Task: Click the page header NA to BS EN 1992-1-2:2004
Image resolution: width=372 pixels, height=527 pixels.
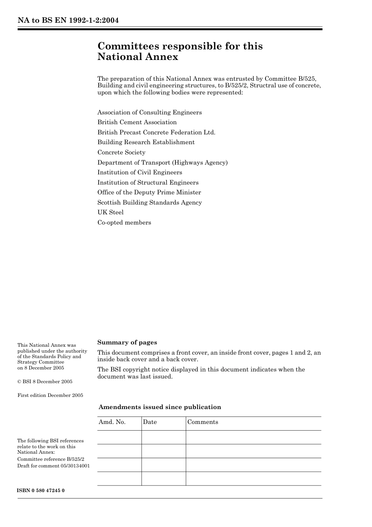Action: coord(68,20)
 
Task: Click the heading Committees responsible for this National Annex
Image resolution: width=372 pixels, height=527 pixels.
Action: coord(180,51)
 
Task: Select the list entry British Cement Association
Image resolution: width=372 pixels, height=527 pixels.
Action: coord(137,122)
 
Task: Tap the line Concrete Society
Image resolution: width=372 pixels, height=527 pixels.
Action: coord(121,152)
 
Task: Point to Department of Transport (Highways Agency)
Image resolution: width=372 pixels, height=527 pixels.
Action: coord(162,162)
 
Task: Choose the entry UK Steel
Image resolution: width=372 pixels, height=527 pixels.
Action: coord(110,212)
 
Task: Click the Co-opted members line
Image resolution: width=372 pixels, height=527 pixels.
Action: coord(124,223)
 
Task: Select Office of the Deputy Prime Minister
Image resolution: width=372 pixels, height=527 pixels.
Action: coord(149,192)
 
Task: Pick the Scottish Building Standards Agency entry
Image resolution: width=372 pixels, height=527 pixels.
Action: coord(150,203)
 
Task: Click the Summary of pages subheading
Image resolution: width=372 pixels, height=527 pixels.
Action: coord(127,342)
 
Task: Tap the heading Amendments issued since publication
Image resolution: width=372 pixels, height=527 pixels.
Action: coord(160,407)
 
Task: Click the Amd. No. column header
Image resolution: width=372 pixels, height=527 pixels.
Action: coord(112,422)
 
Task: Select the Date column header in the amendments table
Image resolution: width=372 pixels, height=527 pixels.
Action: coord(150,422)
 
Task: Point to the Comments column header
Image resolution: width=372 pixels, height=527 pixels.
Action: coord(202,422)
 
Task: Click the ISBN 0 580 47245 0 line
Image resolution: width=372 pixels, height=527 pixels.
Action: coord(41,491)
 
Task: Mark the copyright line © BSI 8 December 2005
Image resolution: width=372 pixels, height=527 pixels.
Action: coord(45,382)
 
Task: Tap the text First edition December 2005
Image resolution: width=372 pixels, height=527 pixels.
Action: coord(50,395)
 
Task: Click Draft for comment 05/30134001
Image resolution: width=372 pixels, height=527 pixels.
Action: coord(53,466)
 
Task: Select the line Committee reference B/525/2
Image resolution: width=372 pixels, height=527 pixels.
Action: coord(51,459)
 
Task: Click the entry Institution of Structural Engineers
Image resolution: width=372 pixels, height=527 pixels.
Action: coord(148,183)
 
